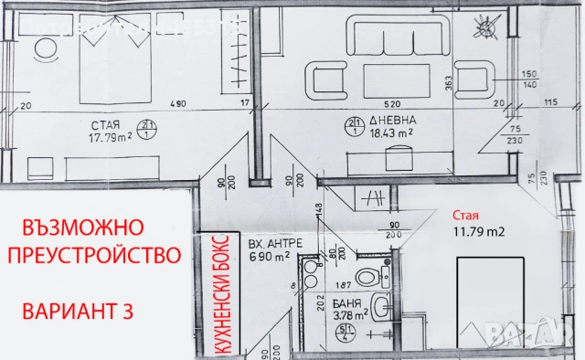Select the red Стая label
point(465,216)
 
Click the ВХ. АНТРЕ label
point(271,244)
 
